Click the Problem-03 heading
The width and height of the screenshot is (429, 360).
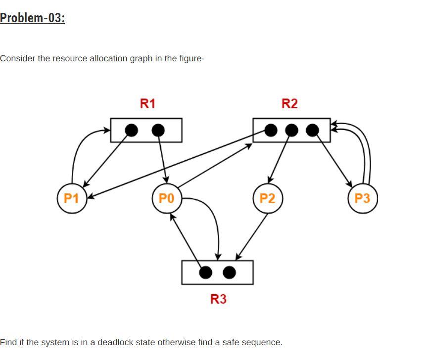pyautogui.click(x=33, y=18)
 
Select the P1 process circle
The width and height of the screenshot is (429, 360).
pyautogui.click(x=72, y=198)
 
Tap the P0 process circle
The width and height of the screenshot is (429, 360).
pyautogui.click(x=167, y=198)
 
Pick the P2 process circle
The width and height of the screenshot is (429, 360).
pyautogui.click(x=267, y=198)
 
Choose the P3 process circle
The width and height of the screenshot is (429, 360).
pyautogui.click(x=362, y=198)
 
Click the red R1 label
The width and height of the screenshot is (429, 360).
pyautogui.click(x=147, y=103)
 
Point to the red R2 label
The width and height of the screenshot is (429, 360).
pyautogui.click(x=289, y=103)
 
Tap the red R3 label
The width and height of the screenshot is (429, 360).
pyautogui.click(x=218, y=299)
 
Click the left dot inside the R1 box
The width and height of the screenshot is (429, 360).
pyautogui.click(x=131, y=130)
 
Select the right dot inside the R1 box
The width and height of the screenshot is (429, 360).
pyautogui.click(x=158, y=130)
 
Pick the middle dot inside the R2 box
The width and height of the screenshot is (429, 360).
pyautogui.click(x=292, y=130)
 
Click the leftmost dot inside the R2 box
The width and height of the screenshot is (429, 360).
pyautogui.click(x=271, y=130)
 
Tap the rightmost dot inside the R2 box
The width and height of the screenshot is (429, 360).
pyautogui.click(x=313, y=130)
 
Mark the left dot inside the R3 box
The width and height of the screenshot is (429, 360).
pyautogui.click(x=206, y=272)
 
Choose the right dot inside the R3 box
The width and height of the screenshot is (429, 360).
pyautogui.click(x=229, y=272)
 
